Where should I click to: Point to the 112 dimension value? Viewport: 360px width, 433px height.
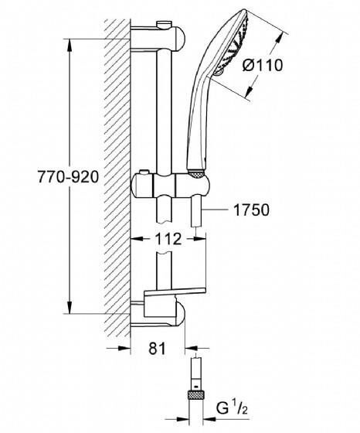click(168, 240)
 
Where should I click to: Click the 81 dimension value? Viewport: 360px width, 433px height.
click(158, 349)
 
